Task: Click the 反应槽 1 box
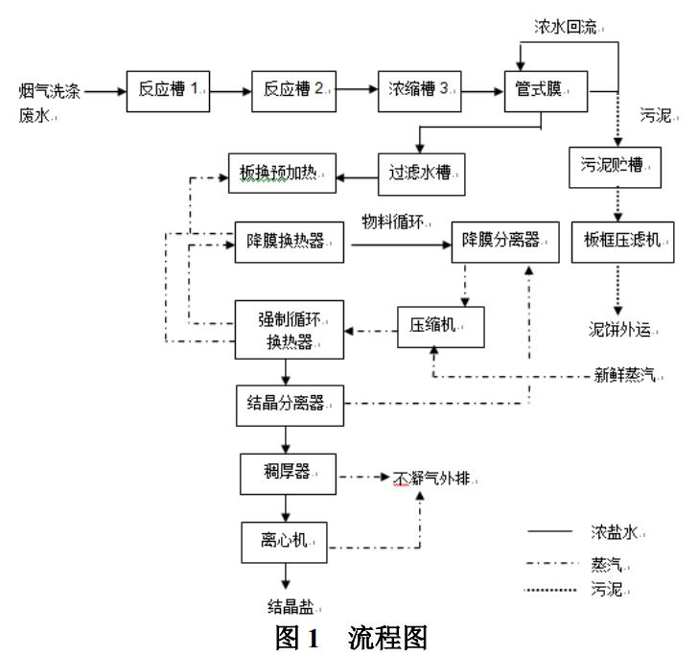(x=168, y=90)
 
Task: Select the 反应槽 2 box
(x=291, y=90)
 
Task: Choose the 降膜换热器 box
(x=290, y=244)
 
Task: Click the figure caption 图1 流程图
(x=349, y=638)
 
